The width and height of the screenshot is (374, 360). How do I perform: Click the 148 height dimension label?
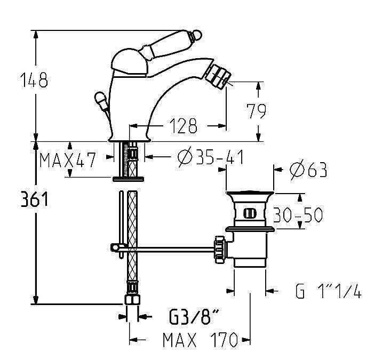[35, 80]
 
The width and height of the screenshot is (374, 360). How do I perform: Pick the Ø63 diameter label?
[307, 170]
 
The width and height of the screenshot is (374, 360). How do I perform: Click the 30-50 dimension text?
[298, 215]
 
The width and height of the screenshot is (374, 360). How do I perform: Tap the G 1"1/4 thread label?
[329, 292]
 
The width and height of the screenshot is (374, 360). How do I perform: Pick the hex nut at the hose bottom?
[131, 300]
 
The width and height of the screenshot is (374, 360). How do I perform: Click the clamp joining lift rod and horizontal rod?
[115, 246]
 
